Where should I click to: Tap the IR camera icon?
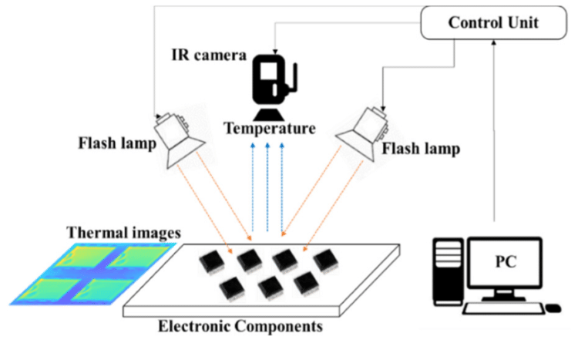pyautogui.click(x=270, y=82)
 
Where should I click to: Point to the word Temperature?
pyautogui.click(x=270, y=128)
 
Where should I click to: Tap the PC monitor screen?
pyautogui.click(x=506, y=265)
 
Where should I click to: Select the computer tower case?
pyautogui.click(x=449, y=270)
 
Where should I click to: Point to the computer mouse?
pyautogui.click(x=553, y=308)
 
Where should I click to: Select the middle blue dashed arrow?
pyautogui.click(x=267, y=185)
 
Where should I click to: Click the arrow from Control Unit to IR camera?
pyautogui.click(x=347, y=25)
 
